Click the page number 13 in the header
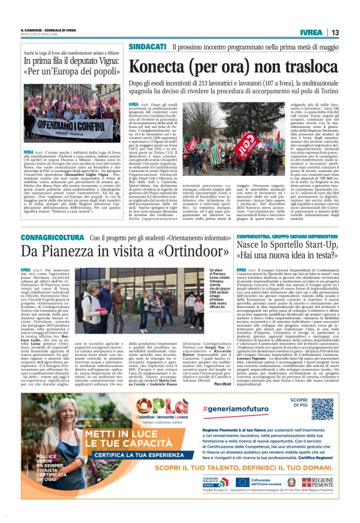click(x=335, y=32)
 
